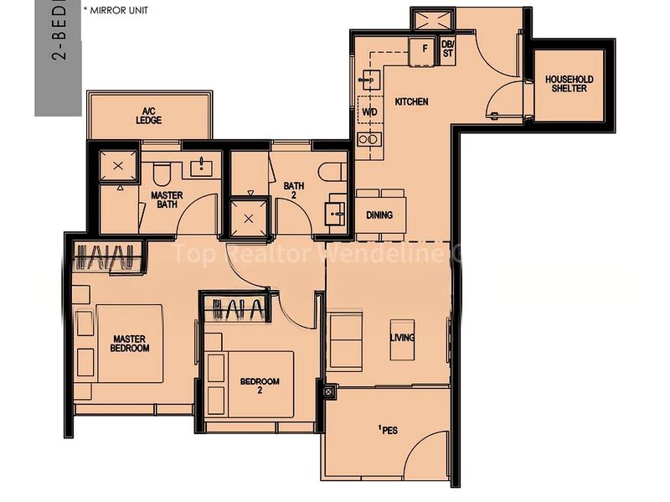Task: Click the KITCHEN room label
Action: click(x=412, y=101)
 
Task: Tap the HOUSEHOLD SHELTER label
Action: click(x=569, y=84)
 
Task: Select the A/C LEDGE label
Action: click(x=149, y=116)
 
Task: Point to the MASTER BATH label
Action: click(x=167, y=199)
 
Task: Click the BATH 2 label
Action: click(x=293, y=190)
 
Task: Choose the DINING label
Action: click(x=379, y=215)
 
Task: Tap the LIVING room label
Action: click(x=402, y=338)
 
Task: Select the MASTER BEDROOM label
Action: click(x=131, y=343)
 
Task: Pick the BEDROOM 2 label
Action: click(x=260, y=386)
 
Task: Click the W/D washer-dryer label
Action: click(x=368, y=111)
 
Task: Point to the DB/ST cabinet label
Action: click(x=447, y=48)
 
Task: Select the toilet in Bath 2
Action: click(x=337, y=172)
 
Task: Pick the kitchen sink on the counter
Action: click(x=368, y=80)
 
